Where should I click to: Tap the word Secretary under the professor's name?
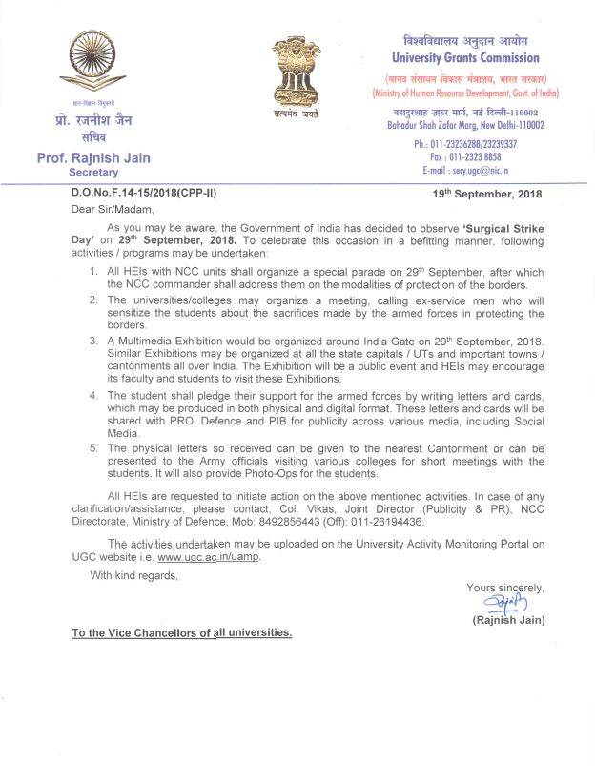(93, 173)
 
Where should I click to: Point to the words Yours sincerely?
(504, 588)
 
